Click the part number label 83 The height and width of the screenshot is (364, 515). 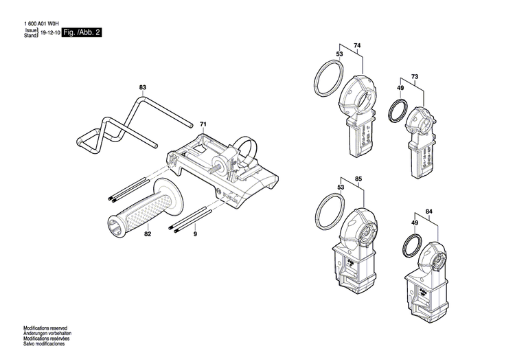click(x=143, y=88)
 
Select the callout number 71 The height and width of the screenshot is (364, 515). click(x=203, y=124)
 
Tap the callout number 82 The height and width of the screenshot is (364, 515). click(x=147, y=235)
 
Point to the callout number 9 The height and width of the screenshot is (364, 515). click(x=194, y=235)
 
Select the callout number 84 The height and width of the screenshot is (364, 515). click(x=429, y=211)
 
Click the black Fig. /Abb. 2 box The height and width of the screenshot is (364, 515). click(x=82, y=32)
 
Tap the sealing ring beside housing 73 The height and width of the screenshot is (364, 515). click(x=398, y=111)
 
